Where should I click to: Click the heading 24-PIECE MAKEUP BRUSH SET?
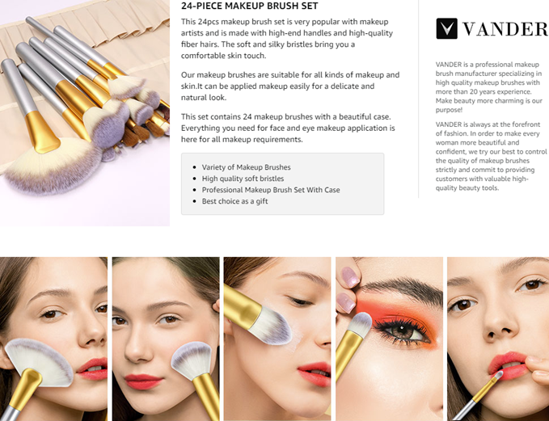249,6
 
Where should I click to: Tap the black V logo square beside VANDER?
446,28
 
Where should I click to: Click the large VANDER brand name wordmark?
505,29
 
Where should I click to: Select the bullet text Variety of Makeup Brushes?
246,167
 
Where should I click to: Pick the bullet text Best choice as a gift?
234,201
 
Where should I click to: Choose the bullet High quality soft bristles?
243,179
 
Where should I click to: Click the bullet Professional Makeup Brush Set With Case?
271,190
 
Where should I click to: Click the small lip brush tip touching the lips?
497,376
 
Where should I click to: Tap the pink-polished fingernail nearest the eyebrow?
350,277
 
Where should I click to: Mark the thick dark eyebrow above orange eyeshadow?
403,288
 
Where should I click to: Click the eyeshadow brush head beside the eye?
361,324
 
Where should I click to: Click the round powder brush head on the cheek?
192,360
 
